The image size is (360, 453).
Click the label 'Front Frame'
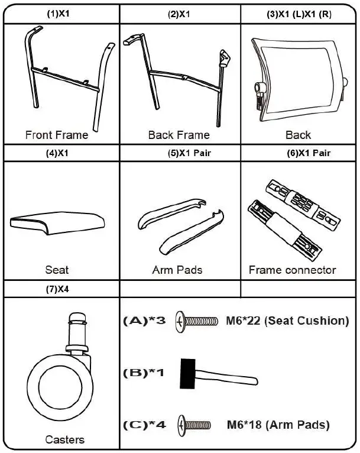click(57, 135)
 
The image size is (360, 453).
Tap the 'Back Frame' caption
click(179, 135)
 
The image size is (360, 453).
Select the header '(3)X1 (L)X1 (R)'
click(299, 12)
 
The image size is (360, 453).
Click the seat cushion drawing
click(57, 223)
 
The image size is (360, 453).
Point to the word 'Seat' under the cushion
click(57, 270)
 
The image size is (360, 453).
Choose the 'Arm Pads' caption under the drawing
click(177, 270)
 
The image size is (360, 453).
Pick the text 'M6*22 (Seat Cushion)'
click(288, 321)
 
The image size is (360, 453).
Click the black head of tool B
click(188, 373)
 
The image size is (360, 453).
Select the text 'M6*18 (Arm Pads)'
click(278, 425)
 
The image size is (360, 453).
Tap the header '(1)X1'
click(57, 12)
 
